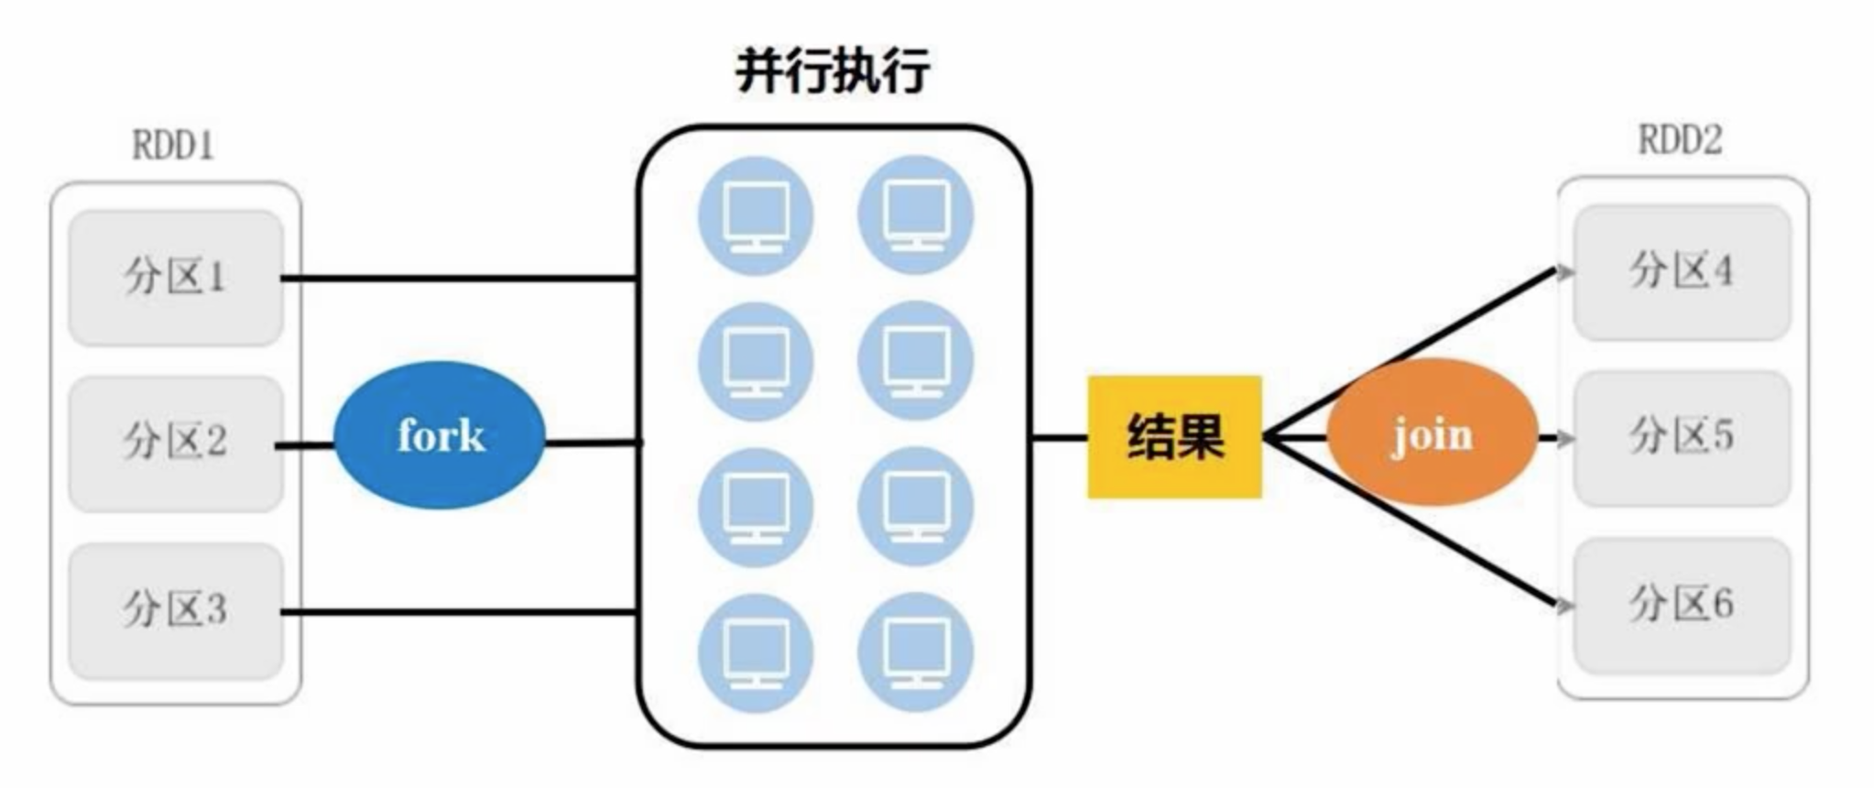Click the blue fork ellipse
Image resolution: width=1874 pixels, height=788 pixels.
pos(440,435)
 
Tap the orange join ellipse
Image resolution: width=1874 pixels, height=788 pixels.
pos(1432,432)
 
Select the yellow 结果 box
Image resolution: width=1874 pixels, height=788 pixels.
pos(1174,437)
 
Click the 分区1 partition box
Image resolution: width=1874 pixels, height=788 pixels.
pos(175,277)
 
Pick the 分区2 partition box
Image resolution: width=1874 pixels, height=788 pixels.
pos(175,443)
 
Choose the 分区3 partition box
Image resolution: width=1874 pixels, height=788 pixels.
pos(175,610)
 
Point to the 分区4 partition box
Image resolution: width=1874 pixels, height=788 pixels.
pos(1681,272)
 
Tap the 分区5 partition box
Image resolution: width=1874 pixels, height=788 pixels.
pos(1681,437)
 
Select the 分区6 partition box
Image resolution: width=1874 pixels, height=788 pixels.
pos(1681,605)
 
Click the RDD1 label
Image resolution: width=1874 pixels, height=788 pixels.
pos(173,146)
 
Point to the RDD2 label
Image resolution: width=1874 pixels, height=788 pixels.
pos(1680,140)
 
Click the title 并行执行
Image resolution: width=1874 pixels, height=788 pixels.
pos(833,71)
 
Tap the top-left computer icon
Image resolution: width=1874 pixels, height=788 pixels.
pos(756,216)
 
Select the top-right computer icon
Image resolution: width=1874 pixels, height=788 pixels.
pos(915,214)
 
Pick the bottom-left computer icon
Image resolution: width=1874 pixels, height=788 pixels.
pos(756,652)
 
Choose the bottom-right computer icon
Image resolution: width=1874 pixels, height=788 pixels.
pos(915,652)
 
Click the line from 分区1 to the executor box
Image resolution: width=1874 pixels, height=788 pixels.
pos(458,278)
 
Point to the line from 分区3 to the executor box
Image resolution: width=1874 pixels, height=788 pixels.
pos(458,611)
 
